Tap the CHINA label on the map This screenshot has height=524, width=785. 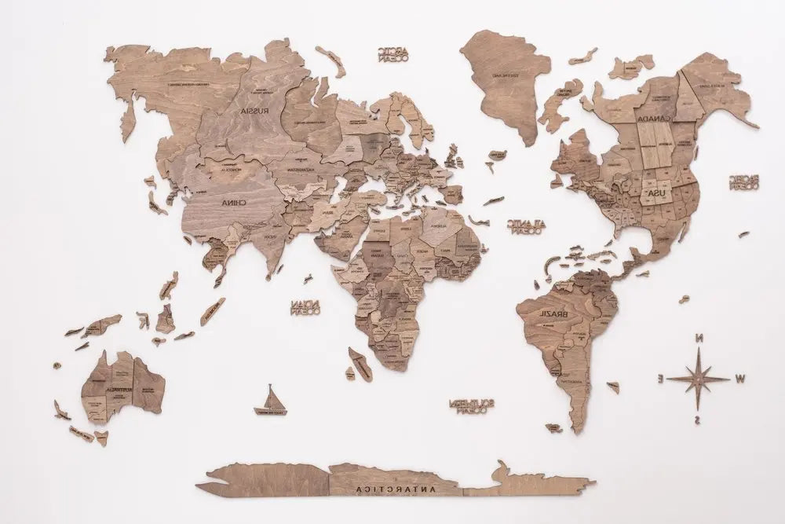tap(229, 202)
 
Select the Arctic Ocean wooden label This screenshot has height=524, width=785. tap(392, 54)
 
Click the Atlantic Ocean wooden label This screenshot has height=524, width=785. tap(526, 226)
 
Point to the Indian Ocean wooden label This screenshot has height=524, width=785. tap(305, 306)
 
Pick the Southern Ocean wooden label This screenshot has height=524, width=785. tap(471, 405)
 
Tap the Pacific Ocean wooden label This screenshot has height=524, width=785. tap(743, 182)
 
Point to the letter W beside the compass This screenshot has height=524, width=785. tap(741, 379)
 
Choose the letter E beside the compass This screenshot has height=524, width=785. tap(659, 379)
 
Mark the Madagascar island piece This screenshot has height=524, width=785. tap(360, 364)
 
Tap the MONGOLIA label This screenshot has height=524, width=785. tap(231, 167)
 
